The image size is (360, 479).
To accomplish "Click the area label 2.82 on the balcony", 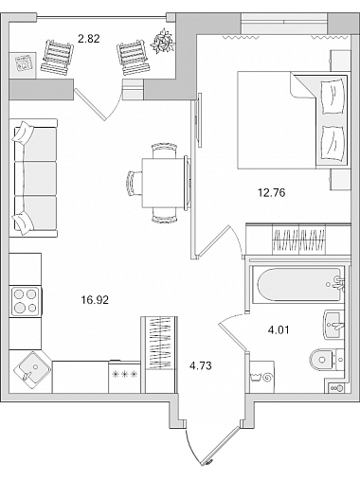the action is (x=89, y=39).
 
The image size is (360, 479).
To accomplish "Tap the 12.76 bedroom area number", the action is (x=272, y=192).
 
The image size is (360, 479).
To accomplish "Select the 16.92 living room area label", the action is (x=95, y=300).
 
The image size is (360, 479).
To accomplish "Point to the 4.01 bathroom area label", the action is (x=279, y=330).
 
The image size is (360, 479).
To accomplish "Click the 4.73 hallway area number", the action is (x=200, y=365).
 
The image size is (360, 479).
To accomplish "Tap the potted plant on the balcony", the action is (x=163, y=41).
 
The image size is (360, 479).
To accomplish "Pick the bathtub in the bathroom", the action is (x=298, y=285).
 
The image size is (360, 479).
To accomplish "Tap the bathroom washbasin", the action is (x=333, y=325).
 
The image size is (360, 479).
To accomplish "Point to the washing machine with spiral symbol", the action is (x=261, y=377).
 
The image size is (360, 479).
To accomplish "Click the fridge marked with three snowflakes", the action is (x=125, y=377).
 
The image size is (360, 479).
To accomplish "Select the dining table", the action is (x=163, y=184).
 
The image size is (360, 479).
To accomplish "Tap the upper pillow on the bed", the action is (x=332, y=98).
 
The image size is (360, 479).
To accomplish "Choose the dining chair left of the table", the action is (x=134, y=184).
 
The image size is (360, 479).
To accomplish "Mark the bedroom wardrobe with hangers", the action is (x=298, y=239).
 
